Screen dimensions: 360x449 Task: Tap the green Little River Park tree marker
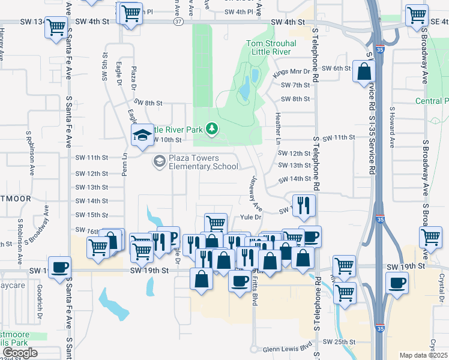(x=211, y=128)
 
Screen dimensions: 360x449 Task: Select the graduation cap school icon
(x=143, y=135)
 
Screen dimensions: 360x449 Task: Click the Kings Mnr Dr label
(x=294, y=71)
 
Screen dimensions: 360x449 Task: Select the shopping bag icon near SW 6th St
(x=364, y=71)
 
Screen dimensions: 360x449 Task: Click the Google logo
(x=19, y=353)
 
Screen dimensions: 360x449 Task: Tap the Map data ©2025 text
(x=423, y=355)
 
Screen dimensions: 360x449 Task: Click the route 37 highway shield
(x=178, y=22)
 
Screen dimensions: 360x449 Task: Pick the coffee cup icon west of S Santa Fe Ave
(x=59, y=267)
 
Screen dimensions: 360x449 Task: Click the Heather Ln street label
(x=278, y=128)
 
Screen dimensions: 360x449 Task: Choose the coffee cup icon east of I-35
(x=396, y=281)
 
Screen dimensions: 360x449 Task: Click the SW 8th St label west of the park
(x=148, y=103)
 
